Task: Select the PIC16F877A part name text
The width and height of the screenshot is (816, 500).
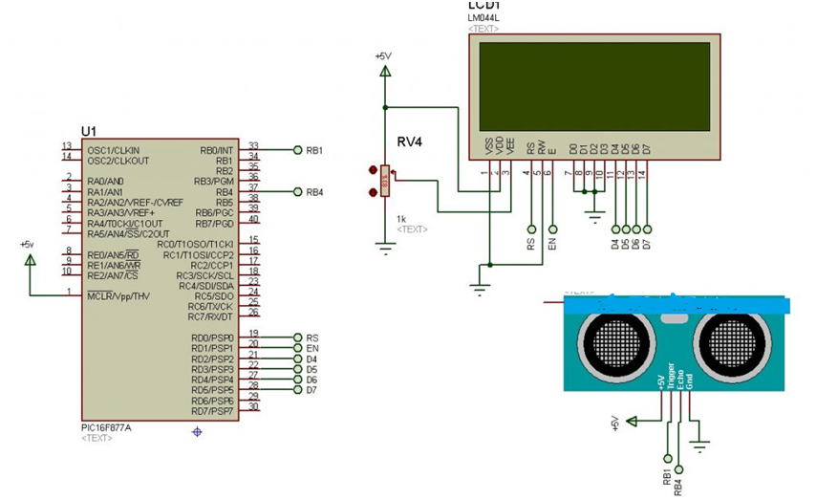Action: click(106, 427)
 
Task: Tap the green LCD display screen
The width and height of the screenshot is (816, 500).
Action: click(594, 86)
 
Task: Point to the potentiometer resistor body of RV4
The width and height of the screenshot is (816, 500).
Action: click(385, 181)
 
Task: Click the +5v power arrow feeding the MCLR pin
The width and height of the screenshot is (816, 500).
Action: click(30, 259)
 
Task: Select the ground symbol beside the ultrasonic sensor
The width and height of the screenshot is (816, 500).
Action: click(700, 443)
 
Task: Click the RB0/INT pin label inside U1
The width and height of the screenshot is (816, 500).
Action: click(217, 150)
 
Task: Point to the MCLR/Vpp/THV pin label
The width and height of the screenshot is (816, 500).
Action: click(119, 295)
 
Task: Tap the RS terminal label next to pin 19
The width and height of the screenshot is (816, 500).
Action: click(312, 337)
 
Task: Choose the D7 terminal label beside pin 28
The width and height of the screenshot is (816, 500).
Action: click(312, 390)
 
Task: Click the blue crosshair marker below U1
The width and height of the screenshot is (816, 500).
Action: click(197, 432)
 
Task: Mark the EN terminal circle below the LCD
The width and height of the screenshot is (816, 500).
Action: click(553, 229)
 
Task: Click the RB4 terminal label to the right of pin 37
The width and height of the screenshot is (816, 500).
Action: click(314, 192)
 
